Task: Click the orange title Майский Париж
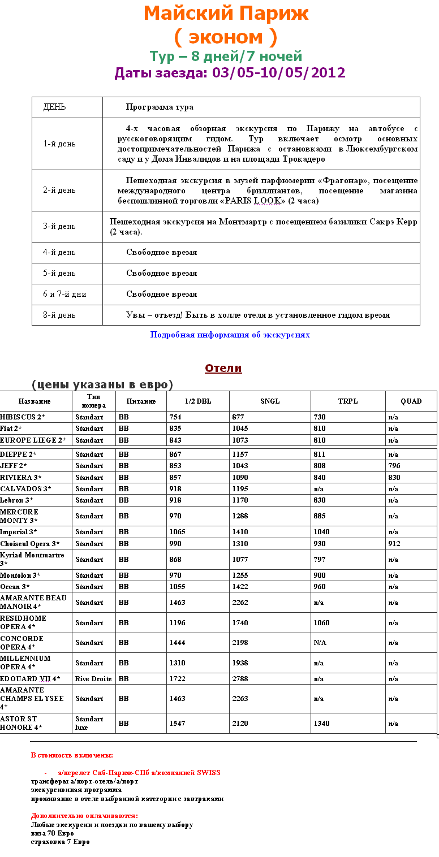226,14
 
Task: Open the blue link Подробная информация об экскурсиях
230,335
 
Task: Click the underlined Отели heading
223,368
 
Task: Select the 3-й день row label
59,226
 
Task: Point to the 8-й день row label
59,315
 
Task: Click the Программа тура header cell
160,107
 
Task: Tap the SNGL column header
270,401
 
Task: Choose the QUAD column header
411,401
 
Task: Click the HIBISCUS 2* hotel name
23,417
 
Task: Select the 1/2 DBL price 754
175,417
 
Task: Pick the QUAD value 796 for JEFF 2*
394,466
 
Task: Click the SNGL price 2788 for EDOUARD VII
240,678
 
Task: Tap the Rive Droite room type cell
94,678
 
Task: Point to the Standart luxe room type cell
89,723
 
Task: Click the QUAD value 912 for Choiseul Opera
394,543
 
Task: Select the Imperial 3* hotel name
19,532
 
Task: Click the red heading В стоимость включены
72,755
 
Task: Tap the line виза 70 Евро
52,833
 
